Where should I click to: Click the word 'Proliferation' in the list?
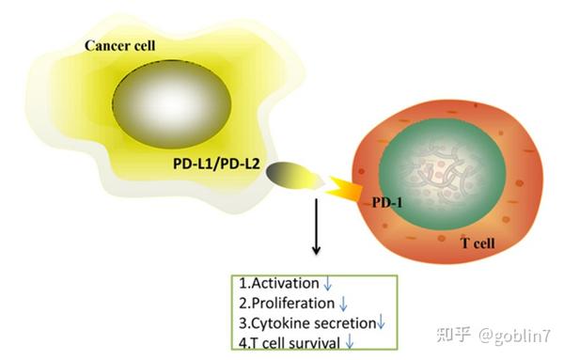click(x=288, y=304)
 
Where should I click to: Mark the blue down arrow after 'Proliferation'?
click(x=344, y=305)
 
